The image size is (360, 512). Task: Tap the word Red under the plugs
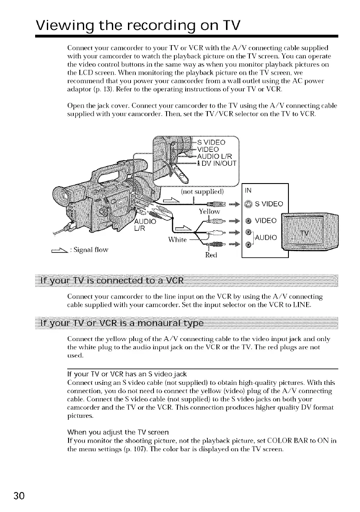point(216,256)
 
